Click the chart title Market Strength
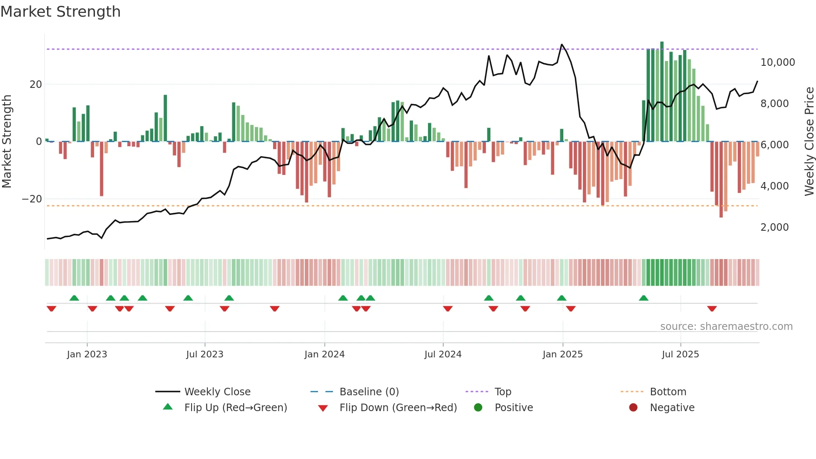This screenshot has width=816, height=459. [x=60, y=12]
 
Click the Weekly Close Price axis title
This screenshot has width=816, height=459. [x=809, y=141]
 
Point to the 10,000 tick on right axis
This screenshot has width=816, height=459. [x=777, y=62]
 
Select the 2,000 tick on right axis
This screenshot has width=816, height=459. [x=774, y=227]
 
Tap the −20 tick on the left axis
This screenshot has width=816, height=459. [x=32, y=199]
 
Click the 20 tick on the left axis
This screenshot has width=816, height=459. [x=36, y=85]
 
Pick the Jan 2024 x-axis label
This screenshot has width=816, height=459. [x=324, y=354]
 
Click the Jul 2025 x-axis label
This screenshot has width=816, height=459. [x=680, y=354]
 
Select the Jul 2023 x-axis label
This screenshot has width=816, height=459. [x=204, y=354]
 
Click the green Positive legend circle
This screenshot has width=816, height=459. [x=478, y=408]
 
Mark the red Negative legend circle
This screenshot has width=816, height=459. [x=633, y=408]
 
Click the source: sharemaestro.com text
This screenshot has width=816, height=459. [x=726, y=327]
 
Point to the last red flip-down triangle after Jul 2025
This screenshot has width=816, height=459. [x=712, y=309]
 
